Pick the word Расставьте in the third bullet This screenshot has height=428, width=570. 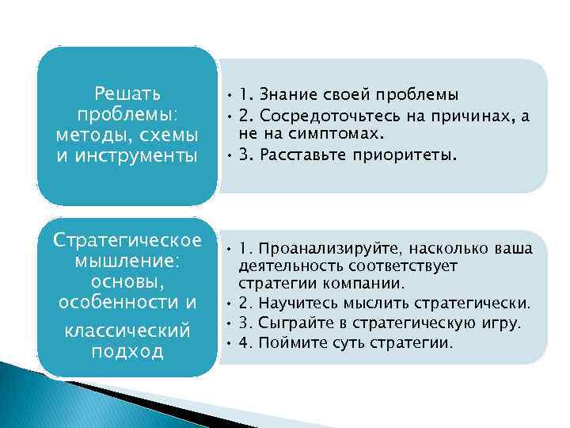click(x=302, y=156)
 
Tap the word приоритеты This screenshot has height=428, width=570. click(x=411, y=156)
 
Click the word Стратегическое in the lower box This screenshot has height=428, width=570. click(x=127, y=240)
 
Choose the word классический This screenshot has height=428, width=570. click(x=127, y=328)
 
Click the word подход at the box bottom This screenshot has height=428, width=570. click(x=127, y=350)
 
